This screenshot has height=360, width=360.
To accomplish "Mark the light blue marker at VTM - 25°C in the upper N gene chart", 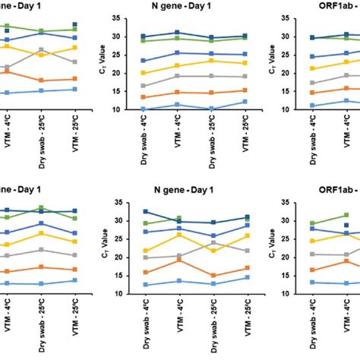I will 244,102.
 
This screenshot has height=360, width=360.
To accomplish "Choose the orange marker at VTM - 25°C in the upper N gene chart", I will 244,90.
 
